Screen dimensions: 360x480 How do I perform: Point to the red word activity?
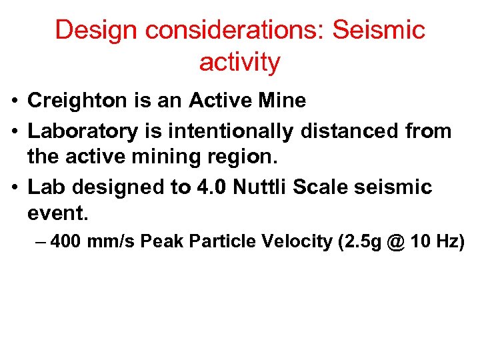click(239, 63)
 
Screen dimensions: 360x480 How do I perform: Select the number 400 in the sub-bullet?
click(65, 241)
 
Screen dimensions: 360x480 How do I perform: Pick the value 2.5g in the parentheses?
click(361, 241)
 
